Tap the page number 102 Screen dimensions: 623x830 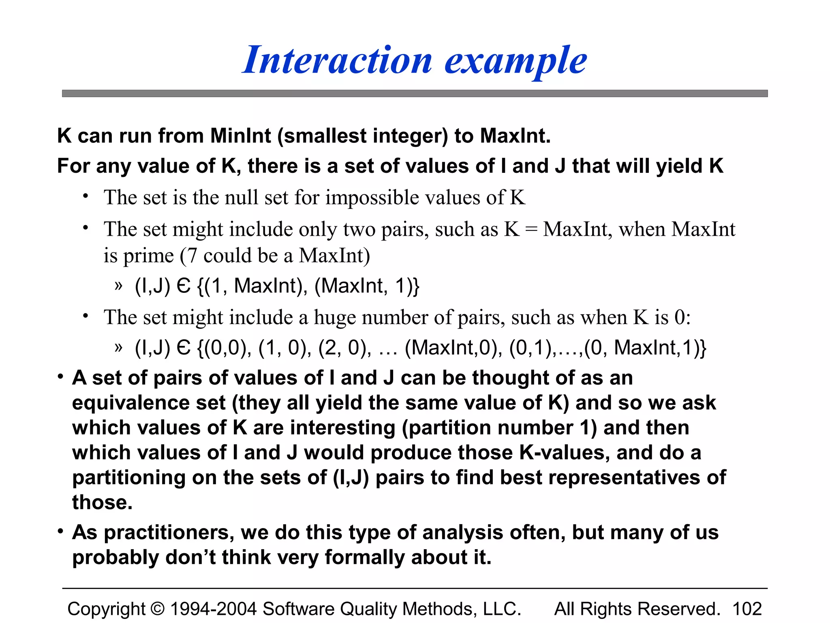[747, 609]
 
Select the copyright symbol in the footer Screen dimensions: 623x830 [157, 609]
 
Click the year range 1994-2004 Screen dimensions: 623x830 [213, 609]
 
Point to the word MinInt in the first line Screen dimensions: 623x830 [240, 135]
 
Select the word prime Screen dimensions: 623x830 [148, 256]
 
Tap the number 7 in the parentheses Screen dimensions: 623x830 [192, 256]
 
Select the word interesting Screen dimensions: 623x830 [342, 428]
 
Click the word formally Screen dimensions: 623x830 [364, 557]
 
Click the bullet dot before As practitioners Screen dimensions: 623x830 [60, 531]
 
